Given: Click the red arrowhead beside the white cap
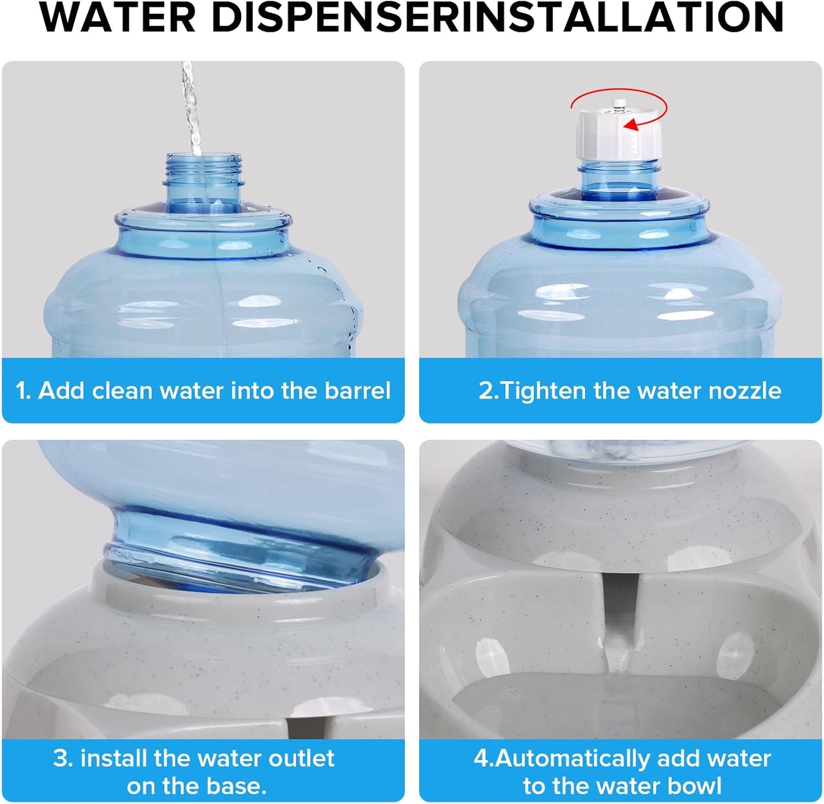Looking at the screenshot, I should pos(630,124).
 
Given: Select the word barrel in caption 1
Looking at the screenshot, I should pos(358,391).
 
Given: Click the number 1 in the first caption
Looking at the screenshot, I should pos(22,391).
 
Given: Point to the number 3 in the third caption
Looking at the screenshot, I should pos(61,759).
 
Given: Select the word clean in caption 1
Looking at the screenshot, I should pos(122,391).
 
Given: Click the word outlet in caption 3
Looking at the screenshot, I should pos(301,759).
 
